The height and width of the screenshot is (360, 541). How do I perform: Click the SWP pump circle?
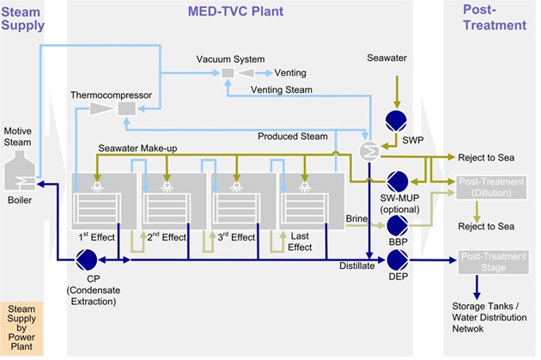[x=396, y=121]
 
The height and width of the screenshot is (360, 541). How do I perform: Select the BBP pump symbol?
[x=398, y=226]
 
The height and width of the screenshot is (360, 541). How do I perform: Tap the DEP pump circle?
[x=398, y=260]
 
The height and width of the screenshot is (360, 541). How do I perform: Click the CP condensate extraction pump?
[x=86, y=259]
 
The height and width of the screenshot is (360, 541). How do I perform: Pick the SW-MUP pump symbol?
[x=398, y=181]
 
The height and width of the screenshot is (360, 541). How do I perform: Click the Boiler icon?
[x=20, y=170]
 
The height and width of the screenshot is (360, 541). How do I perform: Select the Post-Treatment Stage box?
[x=494, y=262]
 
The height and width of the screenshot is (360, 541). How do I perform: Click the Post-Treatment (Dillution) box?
[x=491, y=187]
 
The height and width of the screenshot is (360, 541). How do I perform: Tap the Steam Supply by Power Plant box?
[x=21, y=328]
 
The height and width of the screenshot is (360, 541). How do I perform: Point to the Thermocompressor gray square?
[x=127, y=109]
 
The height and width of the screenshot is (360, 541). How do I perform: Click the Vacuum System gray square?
[x=228, y=73]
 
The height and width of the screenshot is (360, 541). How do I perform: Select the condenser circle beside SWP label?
[x=369, y=151]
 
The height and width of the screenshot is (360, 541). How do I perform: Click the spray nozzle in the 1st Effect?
[x=97, y=186]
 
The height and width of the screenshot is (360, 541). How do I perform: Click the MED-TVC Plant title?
[x=235, y=11]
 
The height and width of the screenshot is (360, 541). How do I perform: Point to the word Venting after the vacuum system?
[x=290, y=73]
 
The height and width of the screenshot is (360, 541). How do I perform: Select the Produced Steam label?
[x=293, y=137]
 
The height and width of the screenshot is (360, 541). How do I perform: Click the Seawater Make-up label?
[x=137, y=149]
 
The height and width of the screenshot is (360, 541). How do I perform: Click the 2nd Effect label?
[x=167, y=237]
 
